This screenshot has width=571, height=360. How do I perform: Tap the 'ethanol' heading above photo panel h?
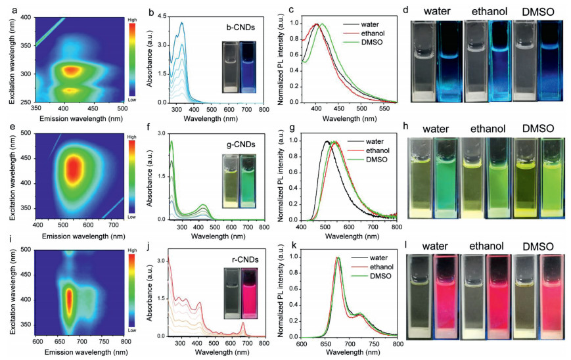(x=483, y=127)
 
